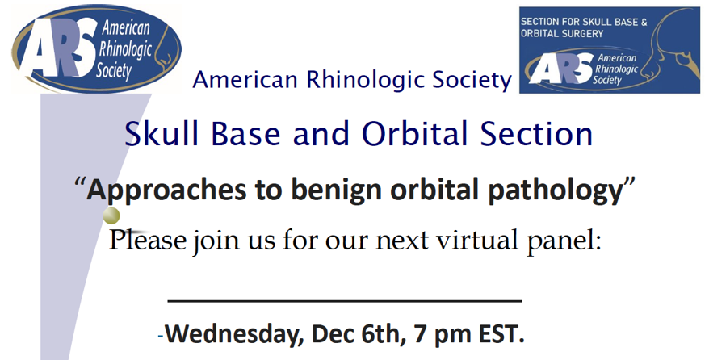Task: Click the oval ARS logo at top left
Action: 97,48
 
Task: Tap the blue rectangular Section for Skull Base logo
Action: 609,50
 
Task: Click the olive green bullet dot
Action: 111,216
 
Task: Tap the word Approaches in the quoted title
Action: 166,190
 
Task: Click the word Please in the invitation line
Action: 148,240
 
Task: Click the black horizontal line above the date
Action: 345,300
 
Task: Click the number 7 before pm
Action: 417,335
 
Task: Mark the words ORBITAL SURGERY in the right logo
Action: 562,34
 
